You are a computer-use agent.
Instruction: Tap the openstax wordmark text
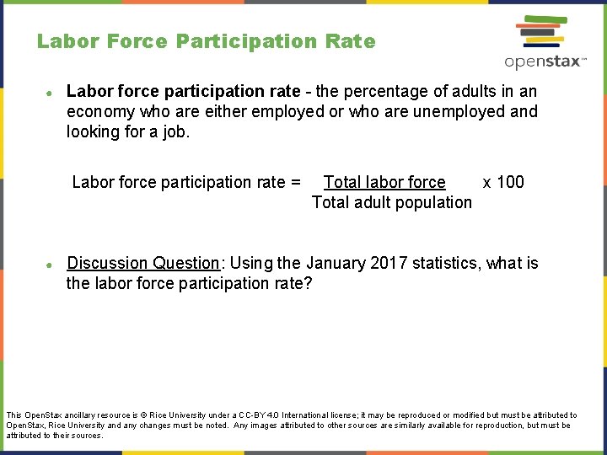click(541, 62)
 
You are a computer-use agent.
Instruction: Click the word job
click(175, 131)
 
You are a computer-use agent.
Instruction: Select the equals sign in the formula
click(295, 182)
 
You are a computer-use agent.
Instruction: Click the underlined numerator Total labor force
click(384, 182)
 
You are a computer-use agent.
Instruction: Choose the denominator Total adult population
click(391, 202)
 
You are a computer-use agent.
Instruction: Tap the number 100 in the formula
click(510, 182)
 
